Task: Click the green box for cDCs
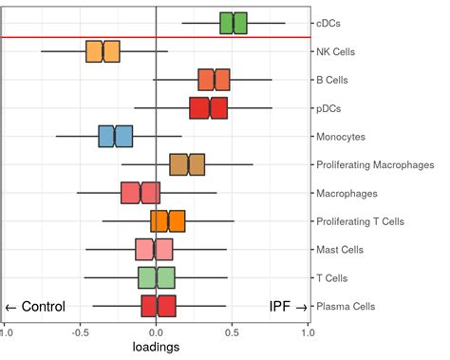coord(233,23)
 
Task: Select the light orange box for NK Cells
coord(103,51)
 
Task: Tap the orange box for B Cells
coord(214,80)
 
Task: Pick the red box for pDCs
coord(208,108)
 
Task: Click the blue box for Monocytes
coord(115,137)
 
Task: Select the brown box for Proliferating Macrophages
coord(187,165)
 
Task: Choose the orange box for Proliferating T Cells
coord(168,221)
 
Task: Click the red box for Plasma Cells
coord(159,306)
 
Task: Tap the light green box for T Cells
coord(157,277)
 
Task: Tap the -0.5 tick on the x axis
coord(80,333)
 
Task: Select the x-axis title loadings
coord(155,348)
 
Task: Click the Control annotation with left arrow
coord(35,307)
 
